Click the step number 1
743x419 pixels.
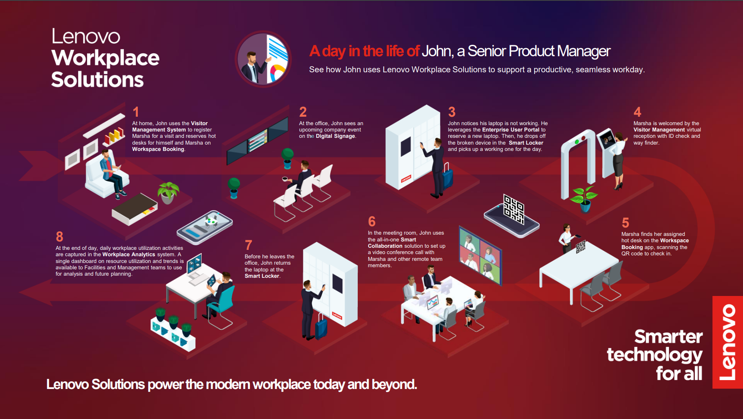(x=136, y=112)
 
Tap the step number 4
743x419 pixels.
(x=637, y=112)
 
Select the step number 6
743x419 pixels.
(x=372, y=222)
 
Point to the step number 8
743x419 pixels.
(x=60, y=237)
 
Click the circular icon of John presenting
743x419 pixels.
(x=263, y=59)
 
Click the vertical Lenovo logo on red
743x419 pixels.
(x=728, y=342)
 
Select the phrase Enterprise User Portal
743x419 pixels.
(x=511, y=130)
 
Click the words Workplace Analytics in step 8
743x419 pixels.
(x=129, y=255)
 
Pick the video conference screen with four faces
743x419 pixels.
(x=480, y=256)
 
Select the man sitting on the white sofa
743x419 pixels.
(x=111, y=173)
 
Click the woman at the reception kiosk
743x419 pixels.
(x=618, y=161)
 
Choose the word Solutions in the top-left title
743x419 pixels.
(x=97, y=79)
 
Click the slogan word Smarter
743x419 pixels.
(x=669, y=337)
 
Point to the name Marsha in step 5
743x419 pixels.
(x=630, y=234)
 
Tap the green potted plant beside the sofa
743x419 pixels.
(x=168, y=192)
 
